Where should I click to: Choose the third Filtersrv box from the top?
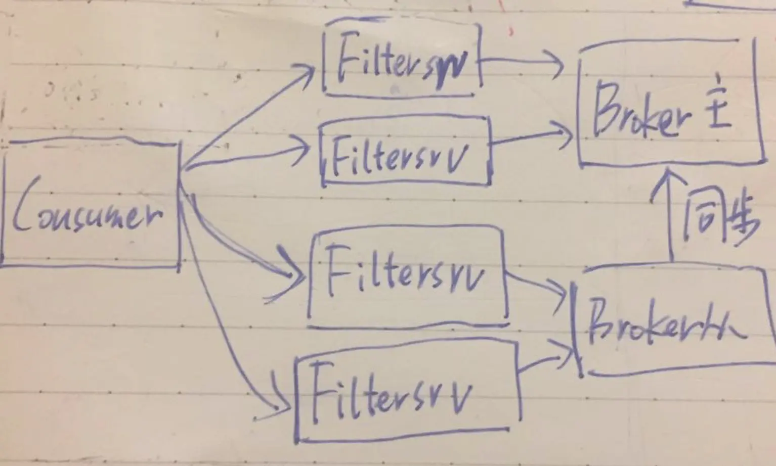(407, 275)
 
